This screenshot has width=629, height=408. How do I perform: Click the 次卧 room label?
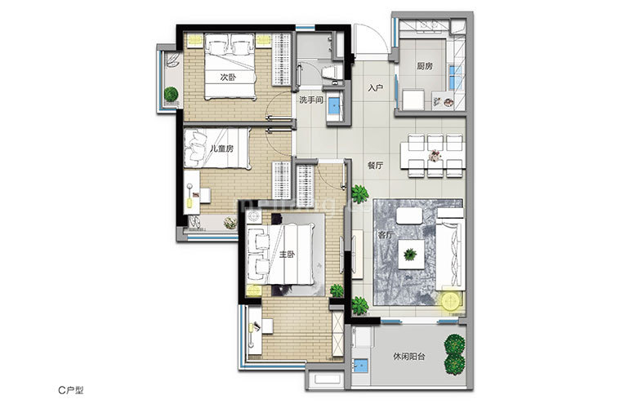pos(228,77)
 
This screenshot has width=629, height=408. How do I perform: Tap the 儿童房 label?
pos(221,149)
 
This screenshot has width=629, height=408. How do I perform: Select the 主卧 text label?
pos(288,254)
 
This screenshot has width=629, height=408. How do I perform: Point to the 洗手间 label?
pos(311,100)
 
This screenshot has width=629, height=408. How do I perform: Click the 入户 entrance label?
pos(376,88)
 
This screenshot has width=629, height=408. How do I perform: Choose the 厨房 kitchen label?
pos(425,66)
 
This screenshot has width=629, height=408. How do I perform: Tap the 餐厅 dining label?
pos(376,165)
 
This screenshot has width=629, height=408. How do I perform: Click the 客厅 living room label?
pos(386,235)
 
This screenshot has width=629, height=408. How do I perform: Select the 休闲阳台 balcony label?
pos(409,357)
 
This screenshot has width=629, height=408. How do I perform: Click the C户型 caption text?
pos(71,390)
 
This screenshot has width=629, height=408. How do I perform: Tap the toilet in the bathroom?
pos(332,73)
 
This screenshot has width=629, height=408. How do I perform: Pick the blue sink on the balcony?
pos(360,366)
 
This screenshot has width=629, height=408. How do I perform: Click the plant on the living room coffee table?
pos(410,254)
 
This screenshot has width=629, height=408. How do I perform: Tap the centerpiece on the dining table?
pos(435,155)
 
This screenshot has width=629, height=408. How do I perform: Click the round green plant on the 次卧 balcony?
pos(172,95)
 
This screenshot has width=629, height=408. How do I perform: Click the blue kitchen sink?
pos(455,77)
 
